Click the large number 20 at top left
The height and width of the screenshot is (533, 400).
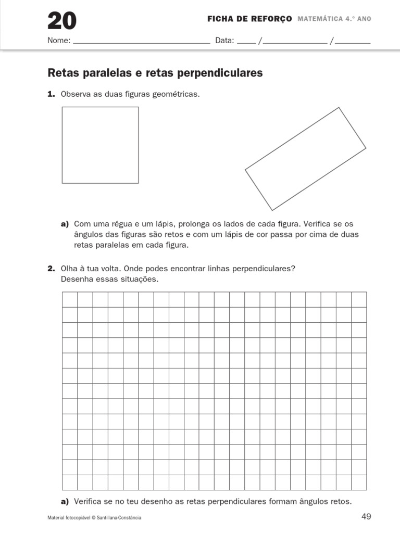tap(62, 21)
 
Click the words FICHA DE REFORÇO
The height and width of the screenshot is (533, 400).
tap(249, 19)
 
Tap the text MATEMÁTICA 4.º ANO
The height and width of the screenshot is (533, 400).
tap(334, 19)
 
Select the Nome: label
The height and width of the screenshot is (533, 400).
tap(59, 41)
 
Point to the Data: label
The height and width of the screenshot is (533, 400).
tap(225, 41)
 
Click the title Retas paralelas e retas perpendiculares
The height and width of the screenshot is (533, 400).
tap(155, 73)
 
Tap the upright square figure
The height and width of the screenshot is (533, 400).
tap(100, 145)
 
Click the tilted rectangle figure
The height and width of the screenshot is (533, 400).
tap(306, 158)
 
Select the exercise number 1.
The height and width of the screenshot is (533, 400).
tap(51, 94)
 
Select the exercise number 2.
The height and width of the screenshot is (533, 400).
tap(51, 269)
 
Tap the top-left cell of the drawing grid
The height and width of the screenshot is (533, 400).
tap(70, 300)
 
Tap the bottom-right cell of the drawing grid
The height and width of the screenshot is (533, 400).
tap(359, 482)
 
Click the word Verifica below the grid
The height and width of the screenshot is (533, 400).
tap(90, 502)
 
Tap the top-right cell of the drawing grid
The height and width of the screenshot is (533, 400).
tap(359, 300)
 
